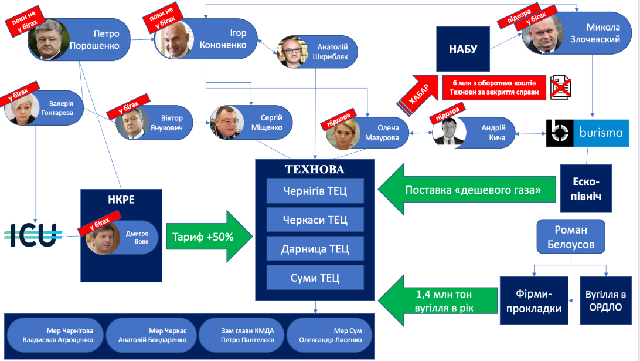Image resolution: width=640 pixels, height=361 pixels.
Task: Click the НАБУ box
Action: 462,49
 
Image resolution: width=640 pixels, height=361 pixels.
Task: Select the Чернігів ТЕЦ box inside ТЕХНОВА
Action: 315,191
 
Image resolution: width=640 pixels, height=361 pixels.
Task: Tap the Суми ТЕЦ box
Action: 315,278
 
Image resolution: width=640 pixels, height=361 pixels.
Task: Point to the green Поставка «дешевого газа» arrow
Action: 465,190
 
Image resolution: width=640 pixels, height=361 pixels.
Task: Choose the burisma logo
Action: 587,133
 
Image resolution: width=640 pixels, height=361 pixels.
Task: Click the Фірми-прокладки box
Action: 533,300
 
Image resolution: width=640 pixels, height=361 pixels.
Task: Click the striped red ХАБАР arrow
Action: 417,92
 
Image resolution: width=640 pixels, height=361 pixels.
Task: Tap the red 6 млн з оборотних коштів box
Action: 494,87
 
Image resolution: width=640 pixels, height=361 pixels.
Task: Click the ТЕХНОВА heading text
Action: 314,170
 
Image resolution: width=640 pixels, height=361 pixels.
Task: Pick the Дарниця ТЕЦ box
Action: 315,249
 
